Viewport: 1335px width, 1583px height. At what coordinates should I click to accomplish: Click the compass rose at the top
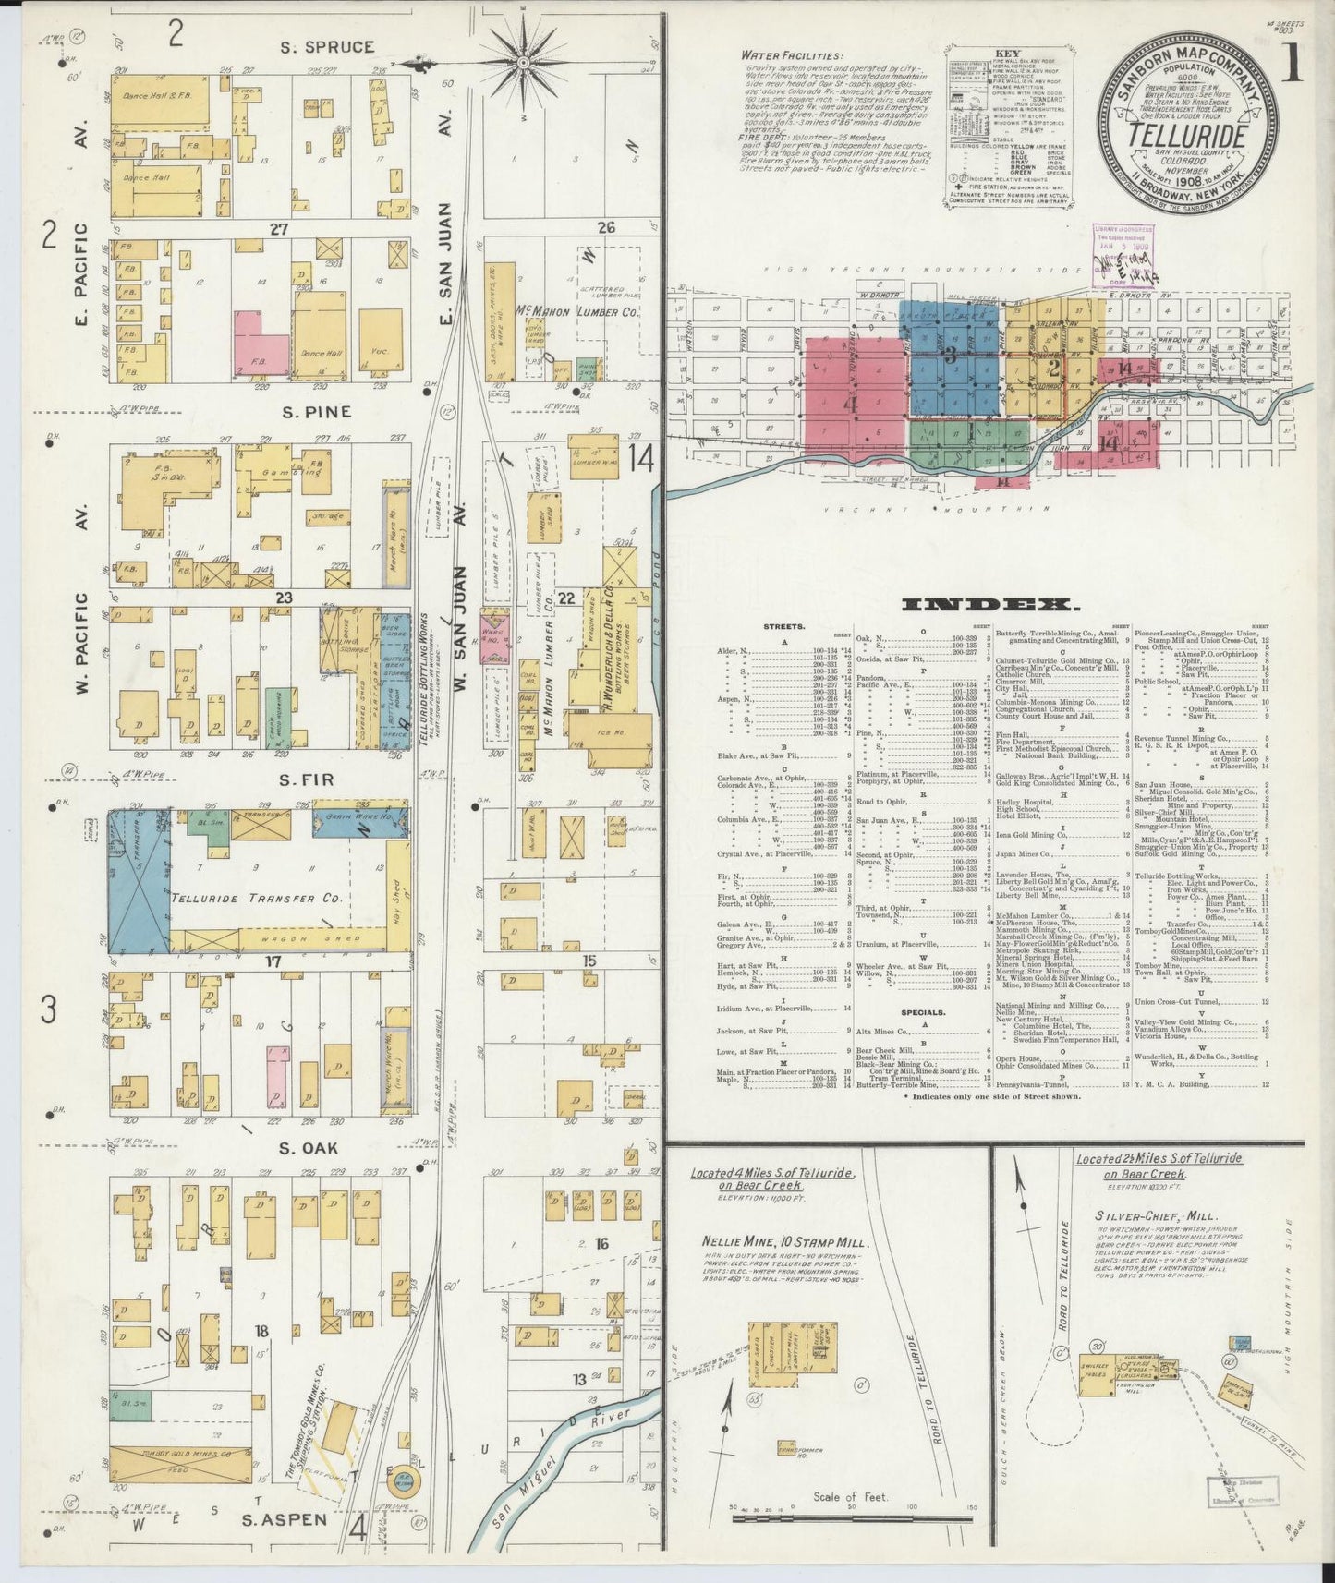(523, 63)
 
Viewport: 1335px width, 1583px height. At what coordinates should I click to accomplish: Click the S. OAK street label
(308, 1148)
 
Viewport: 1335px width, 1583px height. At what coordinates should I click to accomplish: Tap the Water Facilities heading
(792, 55)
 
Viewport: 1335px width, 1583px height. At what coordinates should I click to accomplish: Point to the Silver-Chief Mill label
(1142, 1216)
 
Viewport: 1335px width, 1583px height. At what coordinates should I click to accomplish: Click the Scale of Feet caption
(849, 1497)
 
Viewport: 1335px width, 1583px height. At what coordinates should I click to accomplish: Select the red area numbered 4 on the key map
(853, 405)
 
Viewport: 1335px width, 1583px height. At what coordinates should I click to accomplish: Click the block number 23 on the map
(283, 598)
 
